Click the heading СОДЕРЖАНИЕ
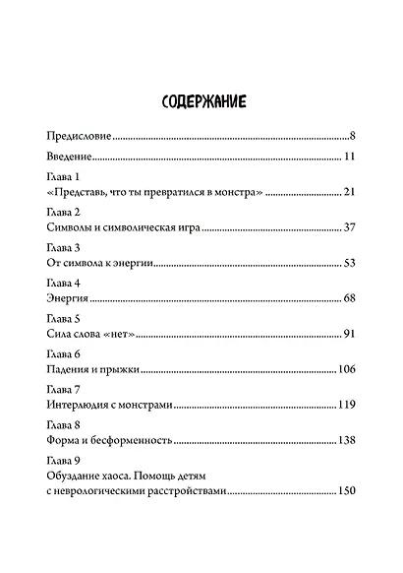[x=201, y=101]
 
